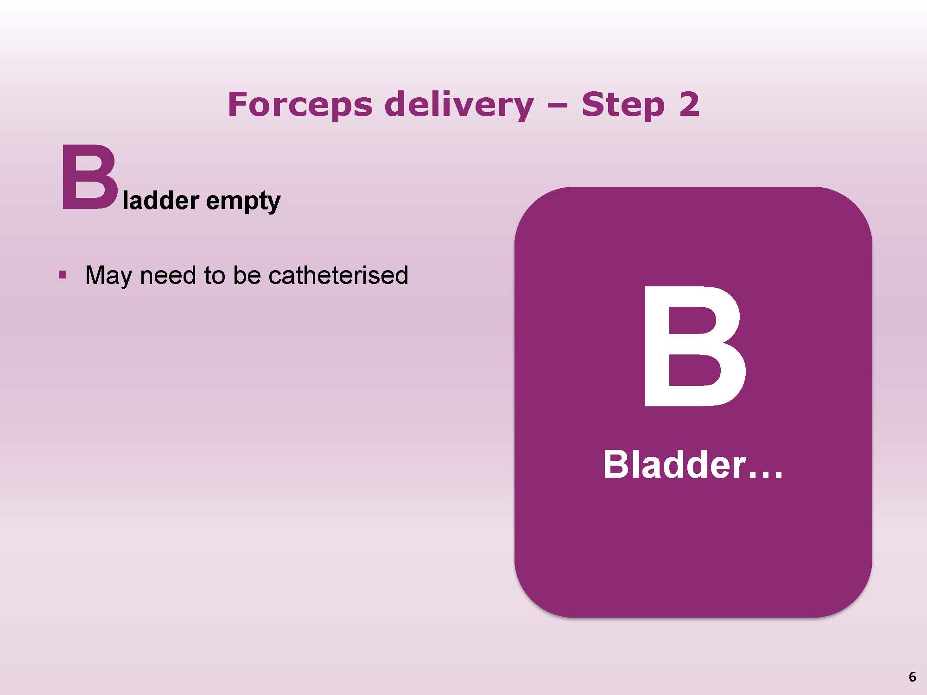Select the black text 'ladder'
[x=161, y=200]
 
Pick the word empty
[x=243, y=202]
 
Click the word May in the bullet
[x=109, y=276]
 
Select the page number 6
[x=912, y=677]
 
